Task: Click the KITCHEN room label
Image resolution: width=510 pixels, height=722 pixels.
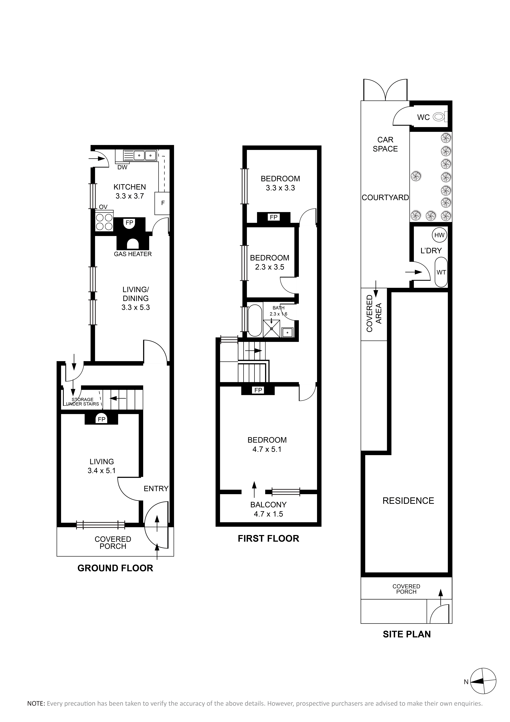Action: pyautogui.click(x=130, y=187)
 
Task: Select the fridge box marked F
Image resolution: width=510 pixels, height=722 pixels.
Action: pyautogui.click(x=162, y=203)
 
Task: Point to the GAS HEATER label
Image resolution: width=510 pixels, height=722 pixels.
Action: pyautogui.click(x=133, y=254)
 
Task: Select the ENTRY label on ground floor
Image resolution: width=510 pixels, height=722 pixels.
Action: pyautogui.click(x=156, y=489)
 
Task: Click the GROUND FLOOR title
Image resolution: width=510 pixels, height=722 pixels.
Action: pyautogui.click(x=115, y=568)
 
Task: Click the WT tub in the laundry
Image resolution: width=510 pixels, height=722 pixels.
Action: pyautogui.click(x=441, y=272)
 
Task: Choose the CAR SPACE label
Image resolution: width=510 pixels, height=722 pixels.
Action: pyautogui.click(x=385, y=144)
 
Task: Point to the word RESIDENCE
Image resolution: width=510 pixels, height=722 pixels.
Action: pyautogui.click(x=408, y=501)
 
